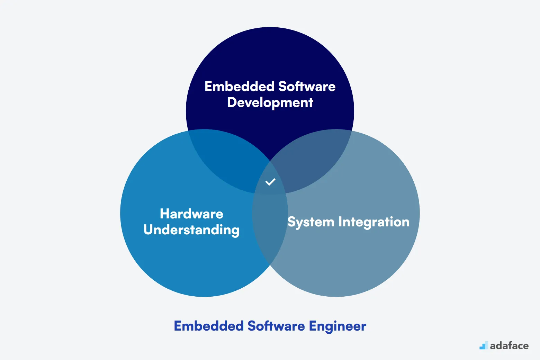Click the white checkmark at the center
(270, 182)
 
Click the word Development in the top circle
(270, 102)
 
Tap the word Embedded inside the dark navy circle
(240, 86)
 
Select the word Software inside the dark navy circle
(307, 86)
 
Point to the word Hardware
(192, 214)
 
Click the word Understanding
(191, 230)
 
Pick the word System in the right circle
(311, 222)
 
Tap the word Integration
(374, 222)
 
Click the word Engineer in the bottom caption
(337, 326)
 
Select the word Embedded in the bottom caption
(209, 326)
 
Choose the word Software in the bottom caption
(276, 326)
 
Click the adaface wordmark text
(509, 346)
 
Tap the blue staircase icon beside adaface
(484, 345)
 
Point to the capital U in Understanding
(148, 229)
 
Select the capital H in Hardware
(165, 214)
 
